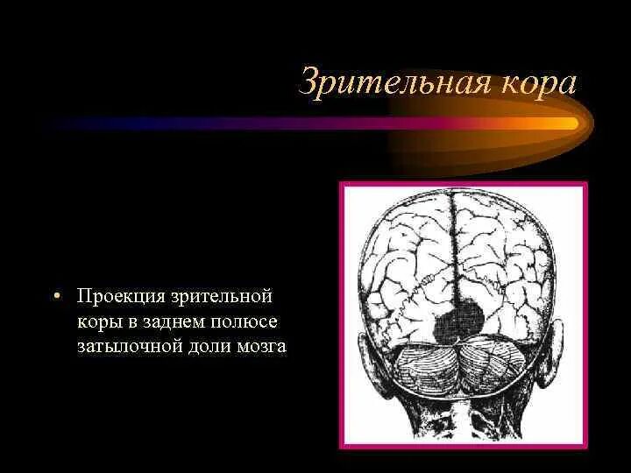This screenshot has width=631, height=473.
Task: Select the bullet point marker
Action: tap(56, 297)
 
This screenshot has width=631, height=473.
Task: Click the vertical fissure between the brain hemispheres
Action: tap(453, 254)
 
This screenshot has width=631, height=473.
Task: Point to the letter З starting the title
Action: tap(308, 82)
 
